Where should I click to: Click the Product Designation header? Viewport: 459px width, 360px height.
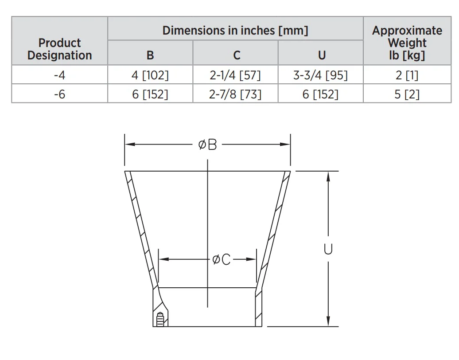(x=60, y=49)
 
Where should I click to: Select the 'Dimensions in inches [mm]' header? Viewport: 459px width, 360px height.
(x=235, y=31)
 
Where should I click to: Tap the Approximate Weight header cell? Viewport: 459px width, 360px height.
(x=407, y=43)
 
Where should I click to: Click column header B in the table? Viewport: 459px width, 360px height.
(x=150, y=55)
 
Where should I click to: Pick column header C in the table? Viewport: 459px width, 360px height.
(x=237, y=55)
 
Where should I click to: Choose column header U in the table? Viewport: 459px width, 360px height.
(x=322, y=55)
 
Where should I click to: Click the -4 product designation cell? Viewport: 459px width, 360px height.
(x=59, y=75)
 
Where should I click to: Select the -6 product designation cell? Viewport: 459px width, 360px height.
(x=59, y=94)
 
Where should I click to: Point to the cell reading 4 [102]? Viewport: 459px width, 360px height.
(x=150, y=75)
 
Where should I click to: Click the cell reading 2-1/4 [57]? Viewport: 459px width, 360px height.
(x=235, y=75)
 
